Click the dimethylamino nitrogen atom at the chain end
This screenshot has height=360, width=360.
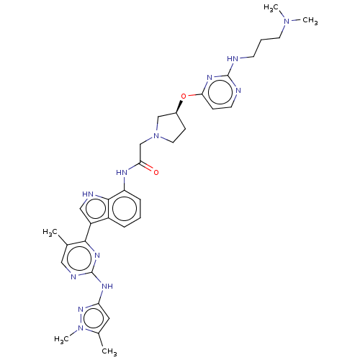[x=287, y=21]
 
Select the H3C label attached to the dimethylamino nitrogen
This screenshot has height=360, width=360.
[x=271, y=8]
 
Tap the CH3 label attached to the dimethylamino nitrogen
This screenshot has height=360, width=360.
[x=310, y=21]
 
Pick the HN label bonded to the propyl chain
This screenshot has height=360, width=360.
[x=233, y=58]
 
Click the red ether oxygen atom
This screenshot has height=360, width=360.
[x=184, y=96]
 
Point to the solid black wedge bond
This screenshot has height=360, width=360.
[x=179, y=107]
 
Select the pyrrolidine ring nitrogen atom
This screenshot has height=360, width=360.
[x=156, y=136]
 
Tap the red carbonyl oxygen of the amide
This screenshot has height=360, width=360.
[x=156, y=172]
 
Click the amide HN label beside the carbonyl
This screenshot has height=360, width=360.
[x=122, y=172]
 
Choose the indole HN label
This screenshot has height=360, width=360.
[x=88, y=194]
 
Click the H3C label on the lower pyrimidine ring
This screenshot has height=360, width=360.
[x=50, y=232]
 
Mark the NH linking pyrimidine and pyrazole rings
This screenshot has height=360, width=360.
[x=107, y=286]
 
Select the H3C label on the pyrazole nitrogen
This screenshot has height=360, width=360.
[x=62, y=339]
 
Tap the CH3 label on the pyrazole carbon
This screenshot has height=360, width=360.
[x=109, y=351]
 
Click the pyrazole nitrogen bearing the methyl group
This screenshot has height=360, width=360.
[x=81, y=328]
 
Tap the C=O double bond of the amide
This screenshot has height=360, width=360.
[x=146, y=166]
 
